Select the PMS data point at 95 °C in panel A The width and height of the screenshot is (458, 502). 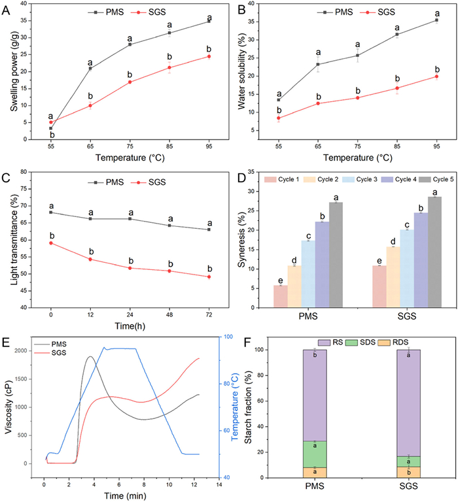click(209, 21)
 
